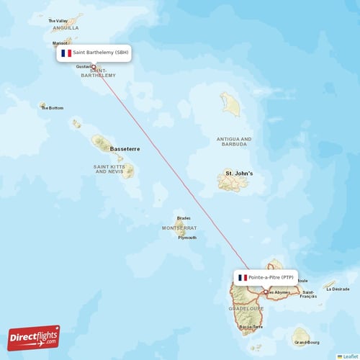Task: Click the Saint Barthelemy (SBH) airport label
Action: point(102,53)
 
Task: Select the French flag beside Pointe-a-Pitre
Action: point(243,278)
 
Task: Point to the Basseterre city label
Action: point(125,149)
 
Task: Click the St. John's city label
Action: point(239,174)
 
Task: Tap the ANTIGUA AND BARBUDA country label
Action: point(234,141)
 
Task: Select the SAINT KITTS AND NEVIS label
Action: point(109,169)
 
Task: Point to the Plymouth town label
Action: point(187,238)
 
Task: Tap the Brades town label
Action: point(184,218)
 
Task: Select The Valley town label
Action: point(57,21)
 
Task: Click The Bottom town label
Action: point(53,108)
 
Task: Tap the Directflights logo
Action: point(34,337)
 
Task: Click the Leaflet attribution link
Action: point(350,356)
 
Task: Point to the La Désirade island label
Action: point(338,289)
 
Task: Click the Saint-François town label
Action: point(307,294)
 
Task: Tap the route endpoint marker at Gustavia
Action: point(94,67)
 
